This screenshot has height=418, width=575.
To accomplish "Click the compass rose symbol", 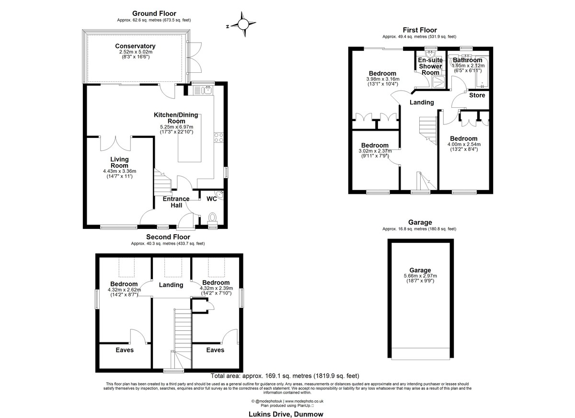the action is (243, 24).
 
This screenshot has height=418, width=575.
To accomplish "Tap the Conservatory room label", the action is (135, 46).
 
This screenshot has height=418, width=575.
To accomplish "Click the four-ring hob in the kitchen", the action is (218, 137).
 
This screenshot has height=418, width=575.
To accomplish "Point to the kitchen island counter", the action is (190, 138).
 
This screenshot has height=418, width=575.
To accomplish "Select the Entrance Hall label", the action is (176, 202).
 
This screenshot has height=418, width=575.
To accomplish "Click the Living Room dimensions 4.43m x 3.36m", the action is (120, 171).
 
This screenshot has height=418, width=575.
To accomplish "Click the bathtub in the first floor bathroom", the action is (483, 72).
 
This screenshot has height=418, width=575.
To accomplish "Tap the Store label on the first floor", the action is (477, 95).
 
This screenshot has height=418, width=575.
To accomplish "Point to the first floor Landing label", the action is (422, 102).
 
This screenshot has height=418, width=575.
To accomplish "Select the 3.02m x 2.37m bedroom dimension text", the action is (375, 151).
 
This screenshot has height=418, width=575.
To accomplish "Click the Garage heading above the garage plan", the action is (420, 222).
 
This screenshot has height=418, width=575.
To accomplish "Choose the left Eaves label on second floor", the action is (125, 350).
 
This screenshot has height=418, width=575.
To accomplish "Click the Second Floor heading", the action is (168, 237).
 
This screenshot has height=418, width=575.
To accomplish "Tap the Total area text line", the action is (285, 376).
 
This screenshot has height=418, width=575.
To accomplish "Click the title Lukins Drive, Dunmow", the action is (286, 414).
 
